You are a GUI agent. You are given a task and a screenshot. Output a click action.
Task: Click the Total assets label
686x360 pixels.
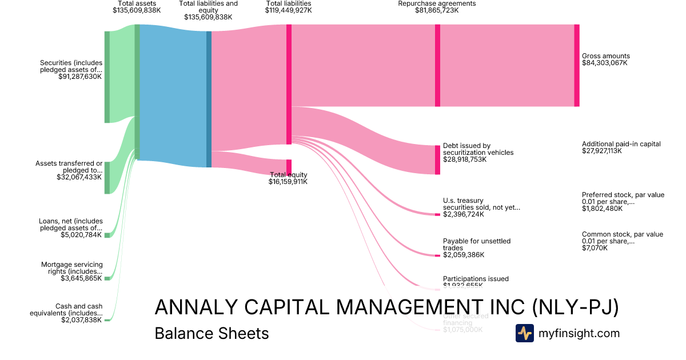(x=137, y=7)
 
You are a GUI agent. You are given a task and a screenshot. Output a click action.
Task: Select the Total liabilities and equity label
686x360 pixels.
(x=208, y=10)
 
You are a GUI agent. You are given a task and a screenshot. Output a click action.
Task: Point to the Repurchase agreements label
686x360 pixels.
(x=437, y=7)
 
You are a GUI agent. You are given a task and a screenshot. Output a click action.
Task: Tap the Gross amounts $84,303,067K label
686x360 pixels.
(x=605, y=59)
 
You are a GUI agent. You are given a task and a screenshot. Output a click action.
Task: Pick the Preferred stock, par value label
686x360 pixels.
(x=623, y=202)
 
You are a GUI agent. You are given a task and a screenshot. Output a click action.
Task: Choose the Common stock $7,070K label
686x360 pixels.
(x=622, y=241)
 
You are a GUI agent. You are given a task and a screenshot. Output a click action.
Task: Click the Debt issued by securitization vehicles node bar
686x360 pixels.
(x=437, y=159)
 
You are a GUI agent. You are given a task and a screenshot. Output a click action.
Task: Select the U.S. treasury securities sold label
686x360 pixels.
(x=481, y=207)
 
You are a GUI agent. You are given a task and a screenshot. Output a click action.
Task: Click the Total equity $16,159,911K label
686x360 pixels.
(x=288, y=178)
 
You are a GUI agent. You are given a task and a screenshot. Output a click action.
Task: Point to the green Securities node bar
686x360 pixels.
(x=107, y=77)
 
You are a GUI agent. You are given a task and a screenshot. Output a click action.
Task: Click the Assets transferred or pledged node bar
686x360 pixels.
(x=107, y=178)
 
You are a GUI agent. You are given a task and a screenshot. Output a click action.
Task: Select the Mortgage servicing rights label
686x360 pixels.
(x=71, y=271)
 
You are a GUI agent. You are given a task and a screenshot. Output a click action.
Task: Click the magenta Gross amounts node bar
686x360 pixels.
(x=576, y=65)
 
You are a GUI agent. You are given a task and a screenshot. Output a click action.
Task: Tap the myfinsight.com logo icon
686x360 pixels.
(x=524, y=333)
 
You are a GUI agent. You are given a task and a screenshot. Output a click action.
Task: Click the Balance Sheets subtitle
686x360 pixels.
(x=212, y=333)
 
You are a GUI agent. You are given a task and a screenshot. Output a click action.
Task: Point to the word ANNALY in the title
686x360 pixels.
(x=192, y=307)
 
